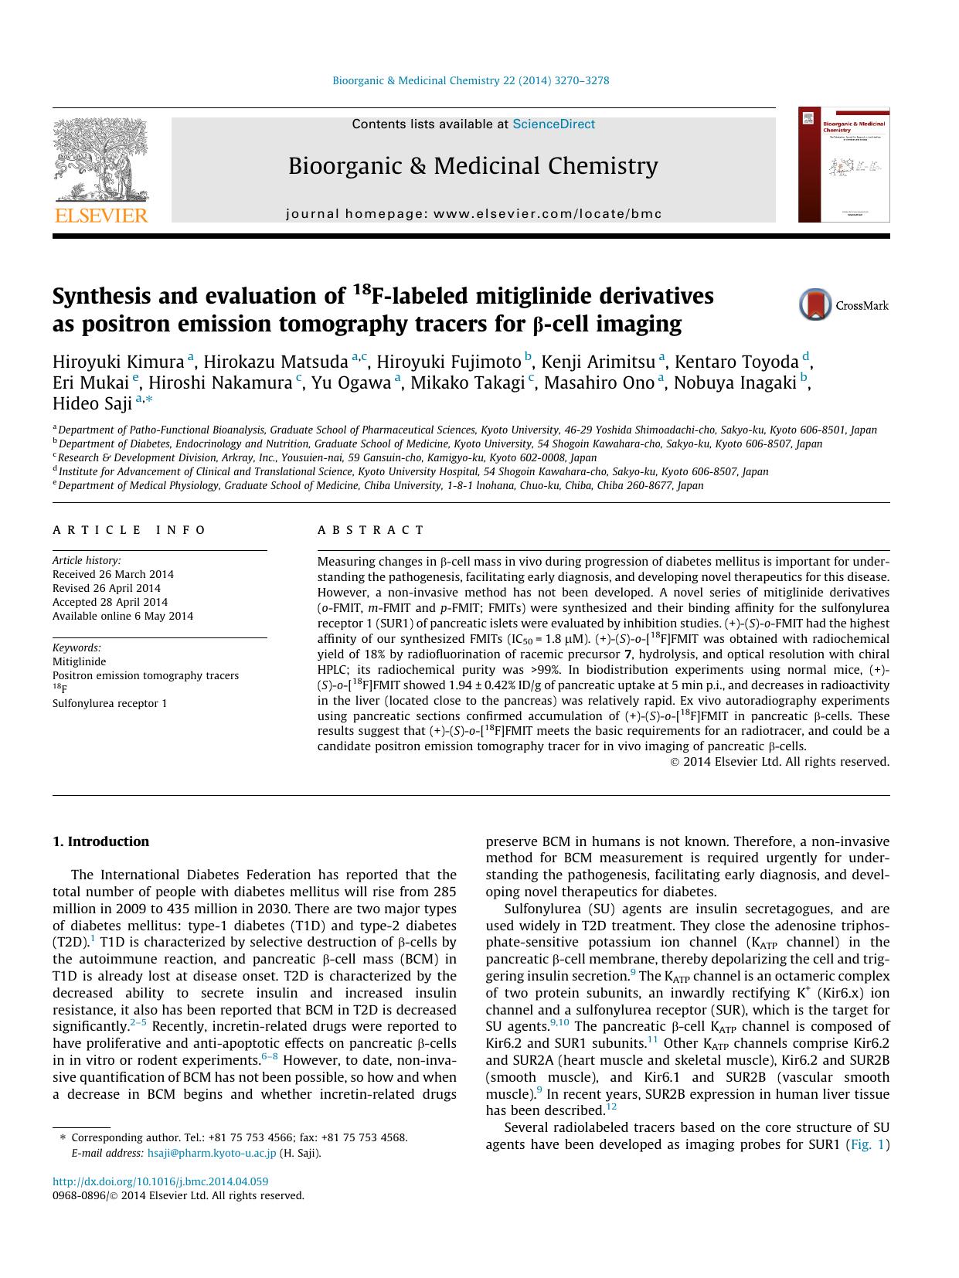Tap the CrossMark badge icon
click(814, 305)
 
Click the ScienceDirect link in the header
click(553, 124)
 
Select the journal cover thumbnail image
click(843, 165)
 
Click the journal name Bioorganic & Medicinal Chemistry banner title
click(473, 166)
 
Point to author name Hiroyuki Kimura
click(118, 362)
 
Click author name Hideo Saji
click(92, 403)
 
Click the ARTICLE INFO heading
click(129, 530)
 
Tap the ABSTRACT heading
click(371, 530)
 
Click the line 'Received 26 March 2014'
click(113, 574)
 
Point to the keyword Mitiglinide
click(79, 661)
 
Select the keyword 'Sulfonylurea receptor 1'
click(109, 703)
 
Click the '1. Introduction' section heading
click(100, 841)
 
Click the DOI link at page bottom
click(160, 1181)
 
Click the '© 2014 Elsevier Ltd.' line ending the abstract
click(779, 762)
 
